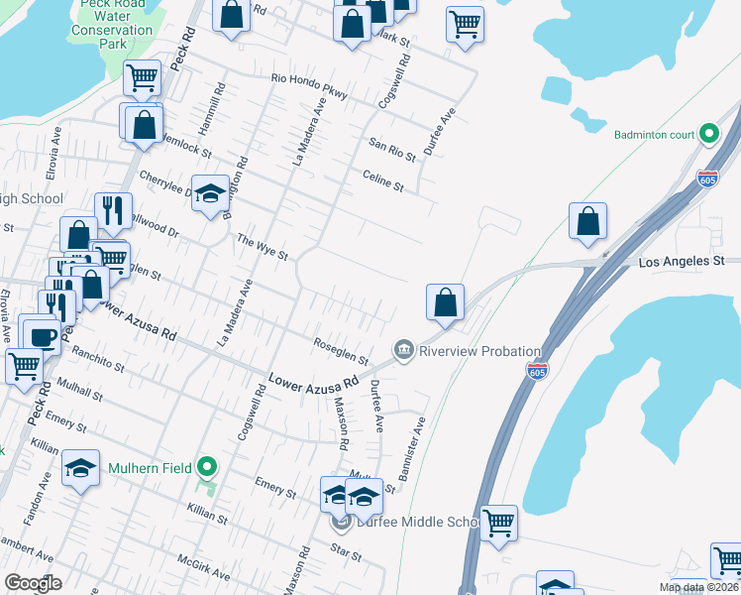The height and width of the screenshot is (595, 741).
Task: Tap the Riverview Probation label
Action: (x=479, y=351)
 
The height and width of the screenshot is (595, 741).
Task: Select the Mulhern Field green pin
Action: (x=206, y=465)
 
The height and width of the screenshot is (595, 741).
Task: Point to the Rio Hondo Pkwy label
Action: (x=309, y=86)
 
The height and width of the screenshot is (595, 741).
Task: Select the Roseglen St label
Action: (x=341, y=354)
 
